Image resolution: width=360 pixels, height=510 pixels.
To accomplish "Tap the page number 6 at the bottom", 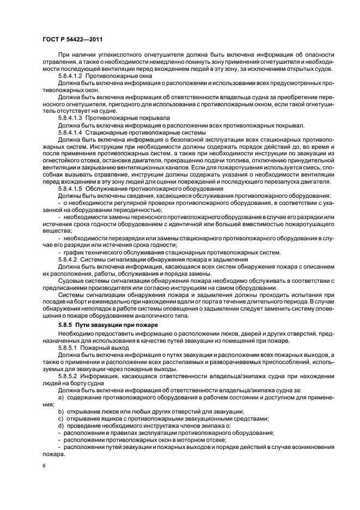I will (x=43, y=466).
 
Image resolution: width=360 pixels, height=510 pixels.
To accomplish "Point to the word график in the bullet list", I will (x=75, y=252).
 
